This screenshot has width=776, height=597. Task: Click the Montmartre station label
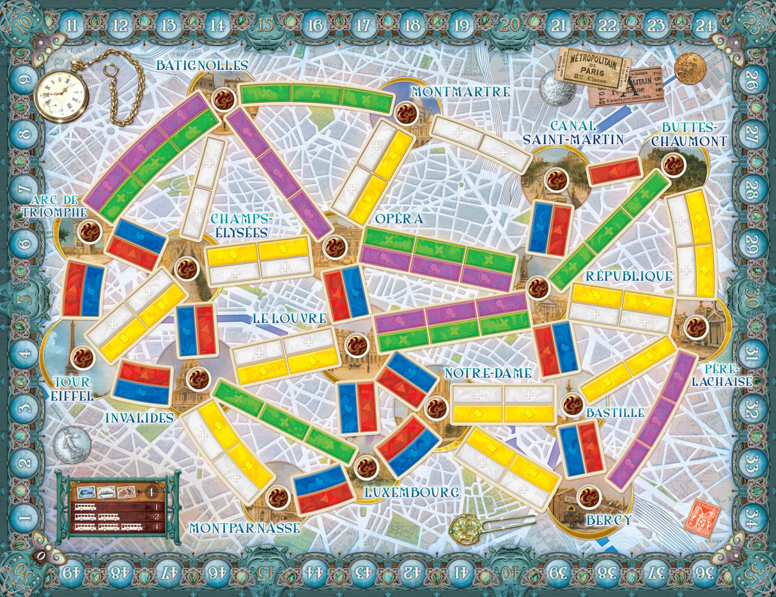460,92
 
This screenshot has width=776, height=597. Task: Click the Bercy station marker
589,495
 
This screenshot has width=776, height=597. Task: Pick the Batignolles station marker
223,99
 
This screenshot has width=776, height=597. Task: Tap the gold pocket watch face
61,96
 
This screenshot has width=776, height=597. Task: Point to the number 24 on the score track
704,26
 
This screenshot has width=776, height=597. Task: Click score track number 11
72,26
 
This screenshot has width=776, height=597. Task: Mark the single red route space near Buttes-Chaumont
614,170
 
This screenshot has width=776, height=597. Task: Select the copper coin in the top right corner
690,68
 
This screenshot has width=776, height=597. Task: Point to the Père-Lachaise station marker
695,328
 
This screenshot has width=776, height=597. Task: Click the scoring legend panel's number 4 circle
150,492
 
